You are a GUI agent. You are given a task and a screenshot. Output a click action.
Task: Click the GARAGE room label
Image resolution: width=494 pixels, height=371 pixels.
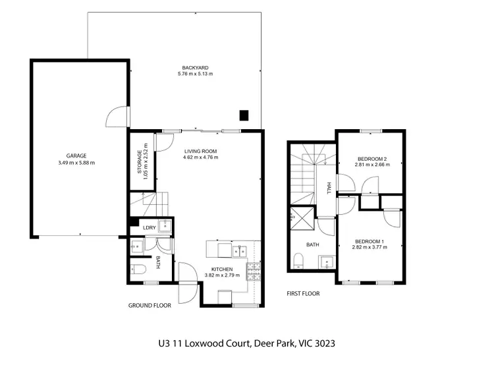pos(76,156)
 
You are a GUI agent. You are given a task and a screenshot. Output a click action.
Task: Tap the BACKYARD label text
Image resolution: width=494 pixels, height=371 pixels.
pos(195,67)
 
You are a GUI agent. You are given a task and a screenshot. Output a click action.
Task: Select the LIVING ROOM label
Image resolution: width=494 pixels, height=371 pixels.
pos(200,151)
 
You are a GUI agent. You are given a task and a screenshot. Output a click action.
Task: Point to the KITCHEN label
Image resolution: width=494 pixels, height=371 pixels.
pos(221,270)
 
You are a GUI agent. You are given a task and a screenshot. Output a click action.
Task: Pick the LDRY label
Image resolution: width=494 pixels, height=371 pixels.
pos(149,228)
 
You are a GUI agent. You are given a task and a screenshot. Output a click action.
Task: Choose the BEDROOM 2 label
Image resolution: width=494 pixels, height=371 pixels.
pos(373,158)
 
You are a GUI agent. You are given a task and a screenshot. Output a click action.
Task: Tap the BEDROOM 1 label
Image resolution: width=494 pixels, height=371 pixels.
pos(370,241)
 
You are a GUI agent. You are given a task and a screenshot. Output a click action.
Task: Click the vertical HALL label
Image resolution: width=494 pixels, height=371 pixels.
pos(328,189)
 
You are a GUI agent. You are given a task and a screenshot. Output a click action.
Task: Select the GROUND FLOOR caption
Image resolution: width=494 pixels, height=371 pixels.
pos(150,305)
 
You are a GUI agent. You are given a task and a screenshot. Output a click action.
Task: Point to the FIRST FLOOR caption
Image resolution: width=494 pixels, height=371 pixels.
pos(303,293)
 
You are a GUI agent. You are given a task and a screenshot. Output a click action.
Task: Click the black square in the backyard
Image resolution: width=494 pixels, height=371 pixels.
pos(244,115)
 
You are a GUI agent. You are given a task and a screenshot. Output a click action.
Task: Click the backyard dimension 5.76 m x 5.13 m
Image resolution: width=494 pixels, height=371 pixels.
pos(195,74)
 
